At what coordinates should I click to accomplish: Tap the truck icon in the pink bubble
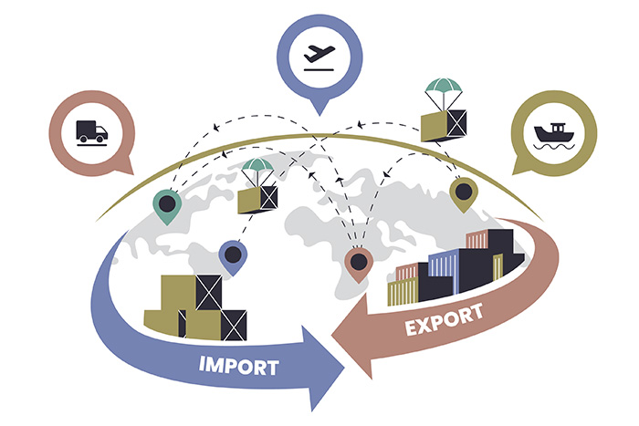[91, 132]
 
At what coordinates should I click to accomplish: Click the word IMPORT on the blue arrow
[239, 365]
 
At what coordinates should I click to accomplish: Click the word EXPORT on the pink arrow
[445, 319]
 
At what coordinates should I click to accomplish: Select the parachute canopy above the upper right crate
[444, 85]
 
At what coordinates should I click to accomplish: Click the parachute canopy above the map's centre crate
[257, 165]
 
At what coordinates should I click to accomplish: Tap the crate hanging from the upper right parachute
[444, 126]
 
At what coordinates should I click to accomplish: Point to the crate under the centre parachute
[257, 200]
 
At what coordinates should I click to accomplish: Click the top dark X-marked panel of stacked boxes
[209, 293]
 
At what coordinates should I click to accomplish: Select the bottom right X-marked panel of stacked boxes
[234, 326]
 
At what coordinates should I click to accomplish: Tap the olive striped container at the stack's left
[403, 292]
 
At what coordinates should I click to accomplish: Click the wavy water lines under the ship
[554, 147]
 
